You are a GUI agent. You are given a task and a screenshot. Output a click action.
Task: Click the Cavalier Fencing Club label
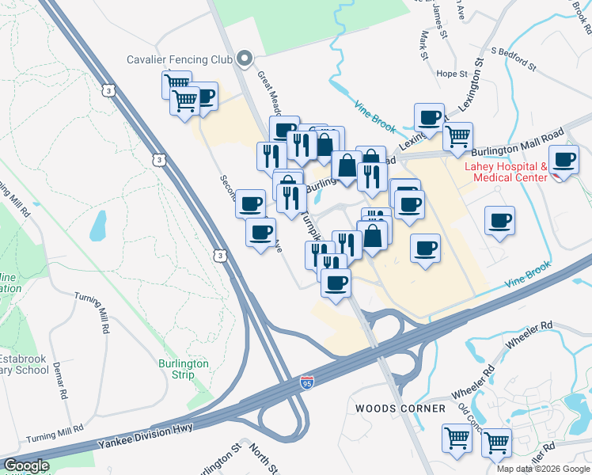pyautogui.click(x=180, y=59)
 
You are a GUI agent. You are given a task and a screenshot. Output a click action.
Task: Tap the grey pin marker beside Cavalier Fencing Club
pyautogui.click(x=245, y=59)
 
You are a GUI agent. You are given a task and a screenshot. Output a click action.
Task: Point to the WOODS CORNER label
pyautogui.click(x=389, y=408)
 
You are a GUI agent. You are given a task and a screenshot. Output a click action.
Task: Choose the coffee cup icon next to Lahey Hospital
pyautogui.click(x=564, y=161)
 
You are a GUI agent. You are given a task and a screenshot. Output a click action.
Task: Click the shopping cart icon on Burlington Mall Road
pyautogui.click(x=457, y=137)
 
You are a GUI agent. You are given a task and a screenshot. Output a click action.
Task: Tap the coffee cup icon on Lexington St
pyautogui.click(x=430, y=118)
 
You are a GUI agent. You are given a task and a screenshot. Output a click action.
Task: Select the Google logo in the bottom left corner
pyautogui.click(x=26, y=465)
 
